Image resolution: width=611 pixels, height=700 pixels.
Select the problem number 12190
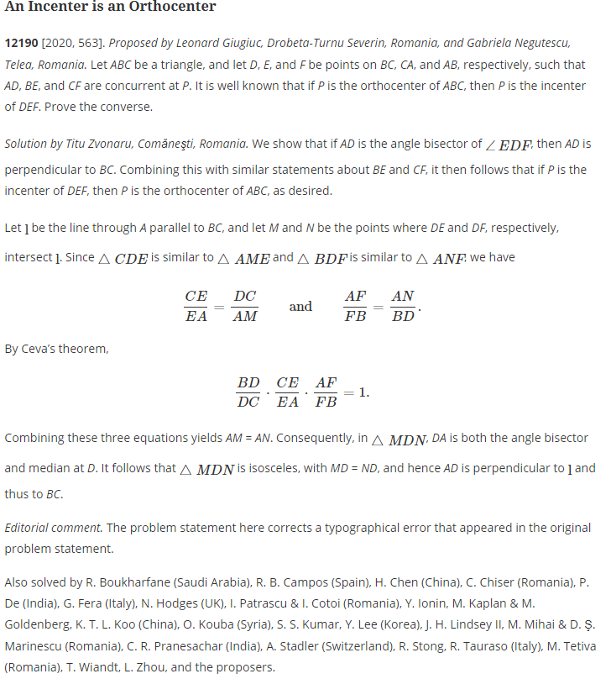coord(21,42)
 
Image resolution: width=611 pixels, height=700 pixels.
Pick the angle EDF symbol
coord(509,145)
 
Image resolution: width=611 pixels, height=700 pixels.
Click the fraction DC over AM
coord(245,306)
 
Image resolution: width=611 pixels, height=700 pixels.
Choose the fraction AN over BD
coord(403,306)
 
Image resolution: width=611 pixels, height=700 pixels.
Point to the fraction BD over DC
coord(248,392)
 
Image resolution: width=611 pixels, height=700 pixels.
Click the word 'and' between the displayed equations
coord(300,306)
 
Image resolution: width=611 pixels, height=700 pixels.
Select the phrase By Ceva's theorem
coord(56,348)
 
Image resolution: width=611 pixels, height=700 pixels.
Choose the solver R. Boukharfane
coord(132,582)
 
